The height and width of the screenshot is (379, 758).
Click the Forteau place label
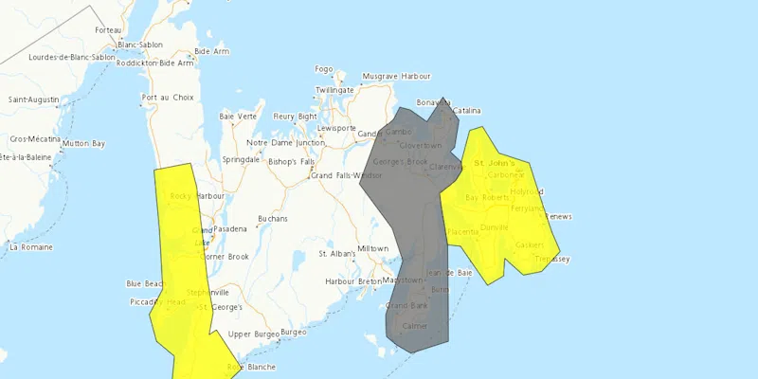[108, 30]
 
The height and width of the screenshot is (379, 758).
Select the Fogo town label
[324, 69]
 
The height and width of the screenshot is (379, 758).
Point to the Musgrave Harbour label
[397, 76]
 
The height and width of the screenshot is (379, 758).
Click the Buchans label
[272, 219]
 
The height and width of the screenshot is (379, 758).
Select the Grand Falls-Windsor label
[347, 175]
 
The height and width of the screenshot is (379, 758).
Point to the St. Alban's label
[336, 254]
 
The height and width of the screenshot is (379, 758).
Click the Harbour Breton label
[353, 281]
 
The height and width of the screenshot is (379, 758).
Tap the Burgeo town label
[294, 333]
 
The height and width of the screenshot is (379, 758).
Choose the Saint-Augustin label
[34, 99]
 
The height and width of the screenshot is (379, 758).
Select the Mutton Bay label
[83, 143]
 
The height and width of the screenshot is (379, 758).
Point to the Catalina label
[467, 111]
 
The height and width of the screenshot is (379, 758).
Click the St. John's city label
[494, 163]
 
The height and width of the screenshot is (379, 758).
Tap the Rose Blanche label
[249, 367]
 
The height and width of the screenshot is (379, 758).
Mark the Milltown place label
[372, 248]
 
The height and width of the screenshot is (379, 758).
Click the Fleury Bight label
[295, 117]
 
